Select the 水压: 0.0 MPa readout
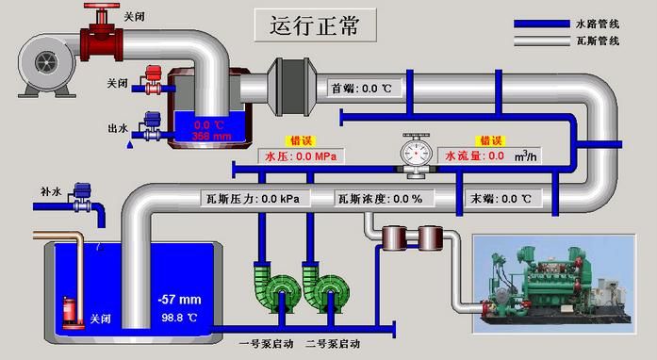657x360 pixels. point(301,155)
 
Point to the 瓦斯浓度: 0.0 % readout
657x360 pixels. point(380,199)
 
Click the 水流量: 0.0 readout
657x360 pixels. point(474,155)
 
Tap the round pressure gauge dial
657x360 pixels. point(414,151)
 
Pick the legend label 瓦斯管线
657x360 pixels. point(598,41)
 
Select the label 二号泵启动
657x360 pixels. point(332,343)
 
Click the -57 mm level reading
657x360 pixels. point(181,300)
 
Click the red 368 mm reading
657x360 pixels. point(212,136)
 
